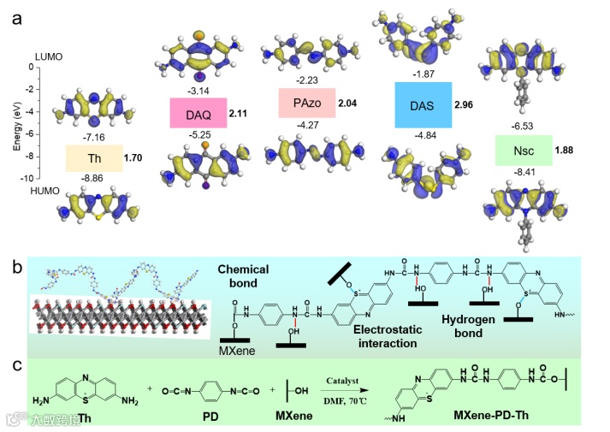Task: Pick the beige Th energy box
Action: point(94,158)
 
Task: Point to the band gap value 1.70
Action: point(133,158)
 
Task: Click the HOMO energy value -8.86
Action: point(93,179)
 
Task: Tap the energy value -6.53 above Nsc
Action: point(522,127)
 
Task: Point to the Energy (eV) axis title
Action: point(16,123)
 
